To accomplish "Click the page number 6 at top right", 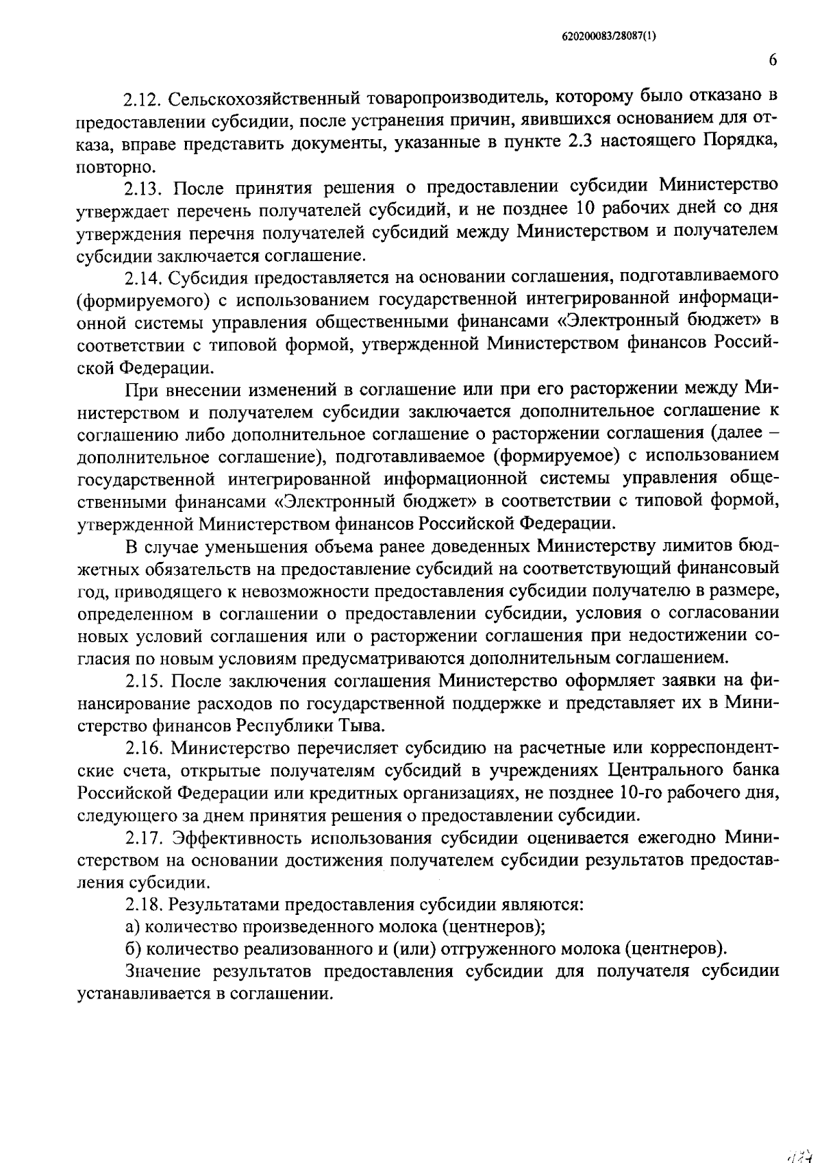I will click(x=773, y=60).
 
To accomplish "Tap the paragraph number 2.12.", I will click(x=142, y=100).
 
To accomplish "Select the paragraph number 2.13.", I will click(x=145, y=188).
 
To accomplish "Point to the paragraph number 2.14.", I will click(x=142, y=278).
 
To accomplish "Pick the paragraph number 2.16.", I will click(x=142, y=748).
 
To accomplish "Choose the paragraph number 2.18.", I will click(x=142, y=905).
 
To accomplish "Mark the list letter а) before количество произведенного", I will click(x=133, y=928).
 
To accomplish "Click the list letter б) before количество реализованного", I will click(x=133, y=950).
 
